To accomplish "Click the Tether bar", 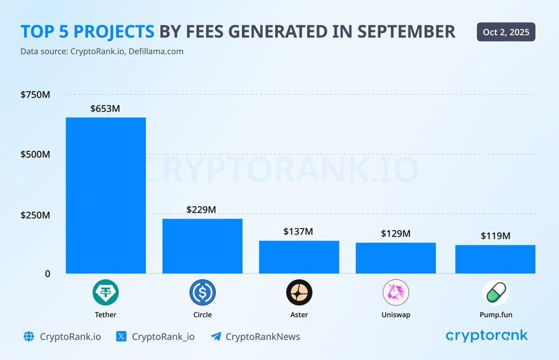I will point(106,195).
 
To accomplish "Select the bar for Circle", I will point(202,246).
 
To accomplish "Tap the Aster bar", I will point(299,257).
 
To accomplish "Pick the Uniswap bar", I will point(395,258).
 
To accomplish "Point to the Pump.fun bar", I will point(495,259).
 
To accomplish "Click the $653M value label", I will point(105,108).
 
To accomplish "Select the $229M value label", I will point(201,210).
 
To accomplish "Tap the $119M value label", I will point(496,236).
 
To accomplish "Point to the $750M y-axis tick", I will point(35,95).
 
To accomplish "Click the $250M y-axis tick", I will point(35,215).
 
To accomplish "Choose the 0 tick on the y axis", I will point(47,274).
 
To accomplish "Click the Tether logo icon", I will point(106,293).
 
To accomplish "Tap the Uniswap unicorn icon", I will point(395,293).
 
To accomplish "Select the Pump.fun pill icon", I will point(496,293).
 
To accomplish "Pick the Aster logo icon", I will point(299,293).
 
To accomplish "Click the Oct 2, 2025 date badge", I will point(506,32).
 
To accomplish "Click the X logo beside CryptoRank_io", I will point(121,337).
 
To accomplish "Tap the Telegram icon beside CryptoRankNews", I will point(216,337).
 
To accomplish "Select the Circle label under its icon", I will point(202,315).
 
